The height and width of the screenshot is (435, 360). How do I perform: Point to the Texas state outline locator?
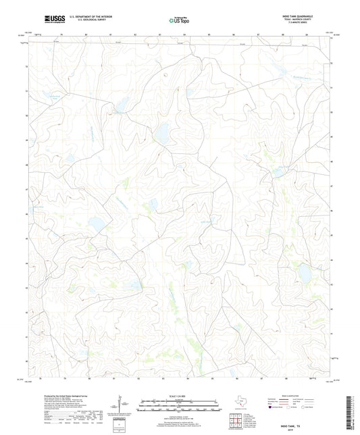240,401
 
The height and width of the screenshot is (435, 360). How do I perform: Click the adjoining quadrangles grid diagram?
236,422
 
